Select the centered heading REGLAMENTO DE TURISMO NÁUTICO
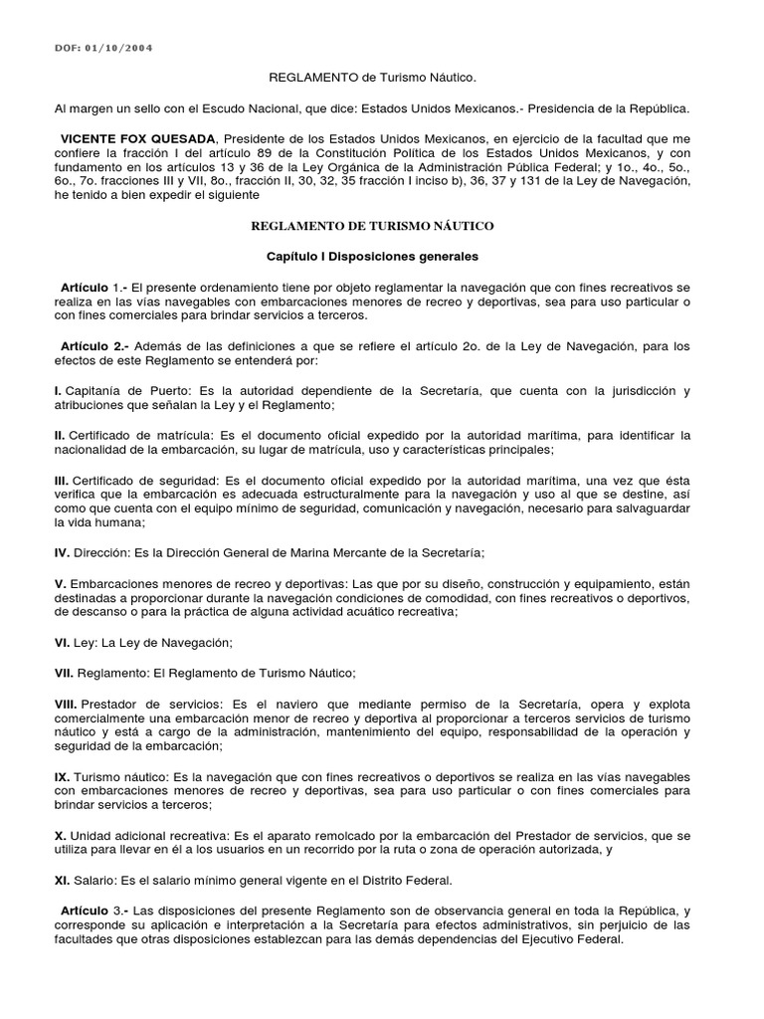[371, 227]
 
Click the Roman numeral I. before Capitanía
[58, 391]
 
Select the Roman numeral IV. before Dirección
[62, 551]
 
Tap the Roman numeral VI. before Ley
[62, 643]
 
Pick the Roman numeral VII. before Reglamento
[64, 674]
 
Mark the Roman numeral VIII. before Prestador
[66, 703]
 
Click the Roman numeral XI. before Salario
[62, 881]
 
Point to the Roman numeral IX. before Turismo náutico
[61, 776]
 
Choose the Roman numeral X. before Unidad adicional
[59, 836]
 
